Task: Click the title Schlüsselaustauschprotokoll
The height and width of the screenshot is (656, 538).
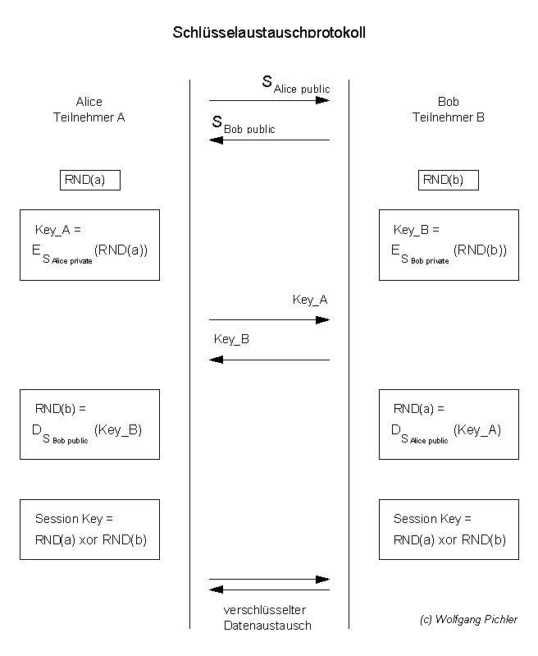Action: tap(269, 33)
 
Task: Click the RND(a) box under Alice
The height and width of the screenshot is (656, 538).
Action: tap(90, 180)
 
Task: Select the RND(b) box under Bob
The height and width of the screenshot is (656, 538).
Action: tap(448, 180)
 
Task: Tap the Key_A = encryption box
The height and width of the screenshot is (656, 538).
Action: tap(90, 245)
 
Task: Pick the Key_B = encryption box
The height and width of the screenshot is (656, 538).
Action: tap(449, 245)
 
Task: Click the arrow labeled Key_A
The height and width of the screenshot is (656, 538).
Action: tap(269, 319)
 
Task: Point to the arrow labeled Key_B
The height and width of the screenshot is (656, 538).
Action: tap(269, 360)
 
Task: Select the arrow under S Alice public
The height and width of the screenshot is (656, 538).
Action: tap(269, 100)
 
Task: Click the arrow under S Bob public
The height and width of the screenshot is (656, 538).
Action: tap(269, 140)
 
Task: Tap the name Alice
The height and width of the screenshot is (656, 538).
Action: tap(89, 102)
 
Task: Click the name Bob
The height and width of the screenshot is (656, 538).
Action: tap(449, 102)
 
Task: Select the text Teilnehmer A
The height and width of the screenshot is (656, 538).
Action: tap(89, 117)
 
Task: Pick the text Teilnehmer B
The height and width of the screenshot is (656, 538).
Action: tap(449, 117)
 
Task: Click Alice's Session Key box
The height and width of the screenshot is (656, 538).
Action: tap(90, 530)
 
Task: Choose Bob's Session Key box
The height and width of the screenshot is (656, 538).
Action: tap(449, 530)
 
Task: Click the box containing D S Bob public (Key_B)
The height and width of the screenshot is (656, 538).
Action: tap(90, 424)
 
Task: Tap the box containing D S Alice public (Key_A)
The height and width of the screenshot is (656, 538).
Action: tap(449, 424)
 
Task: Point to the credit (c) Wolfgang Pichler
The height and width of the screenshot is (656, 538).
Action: tap(468, 620)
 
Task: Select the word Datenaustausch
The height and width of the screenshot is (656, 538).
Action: tap(267, 626)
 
